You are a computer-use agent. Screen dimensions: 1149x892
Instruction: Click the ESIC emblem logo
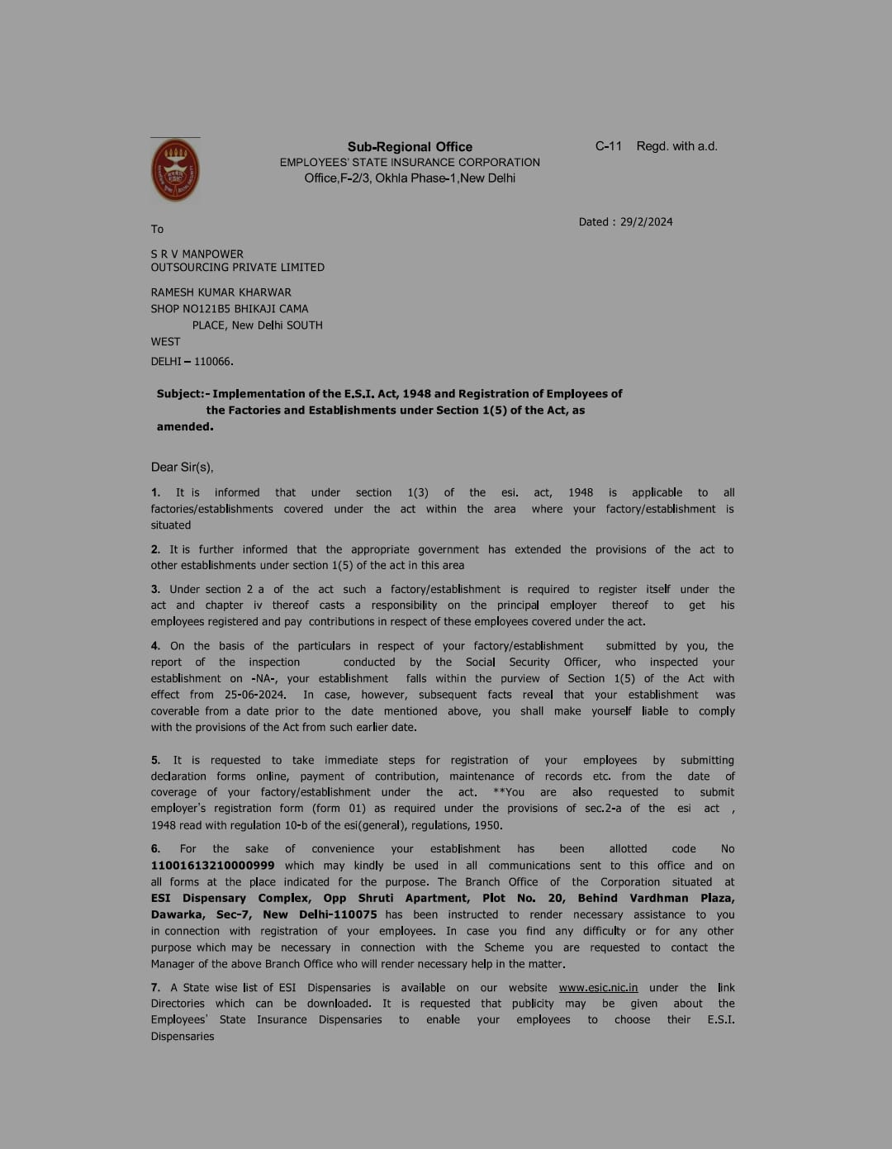(x=175, y=170)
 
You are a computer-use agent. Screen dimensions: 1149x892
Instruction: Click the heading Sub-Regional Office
(x=410, y=146)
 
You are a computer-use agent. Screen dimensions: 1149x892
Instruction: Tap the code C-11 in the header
(x=608, y=146)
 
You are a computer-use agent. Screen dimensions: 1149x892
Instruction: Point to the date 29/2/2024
(x=647, y=221)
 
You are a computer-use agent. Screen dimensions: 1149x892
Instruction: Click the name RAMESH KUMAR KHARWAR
(x=221, y=292)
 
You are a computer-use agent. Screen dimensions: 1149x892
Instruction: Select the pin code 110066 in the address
(x=213, y=361)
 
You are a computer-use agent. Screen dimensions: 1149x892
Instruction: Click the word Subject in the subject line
(x=179, y=394)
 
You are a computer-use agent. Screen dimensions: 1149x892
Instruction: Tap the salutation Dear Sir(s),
(x=182, y=467)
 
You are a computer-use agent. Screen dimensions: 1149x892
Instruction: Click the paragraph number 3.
(x=155, y=589)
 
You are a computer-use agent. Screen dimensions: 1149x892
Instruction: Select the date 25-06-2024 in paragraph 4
(x=254, y=695)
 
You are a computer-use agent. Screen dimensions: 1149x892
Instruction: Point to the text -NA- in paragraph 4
(x=264, y=678)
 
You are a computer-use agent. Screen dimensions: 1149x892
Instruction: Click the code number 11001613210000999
(x=212, y=865)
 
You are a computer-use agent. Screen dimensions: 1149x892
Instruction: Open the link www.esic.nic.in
(x=598, y=987)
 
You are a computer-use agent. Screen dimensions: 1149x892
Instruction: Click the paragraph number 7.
(x=155, y=987)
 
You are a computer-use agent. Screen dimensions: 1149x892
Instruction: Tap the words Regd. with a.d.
(x=676, y=146)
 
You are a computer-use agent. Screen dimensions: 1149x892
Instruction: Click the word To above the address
(x=157, y=229)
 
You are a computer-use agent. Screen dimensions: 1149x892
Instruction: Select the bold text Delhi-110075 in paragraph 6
(x=338, y=914)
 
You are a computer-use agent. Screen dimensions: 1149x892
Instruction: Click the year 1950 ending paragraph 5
(x=486, y=825)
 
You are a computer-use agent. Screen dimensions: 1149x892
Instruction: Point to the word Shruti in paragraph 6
(x=376, y=898)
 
